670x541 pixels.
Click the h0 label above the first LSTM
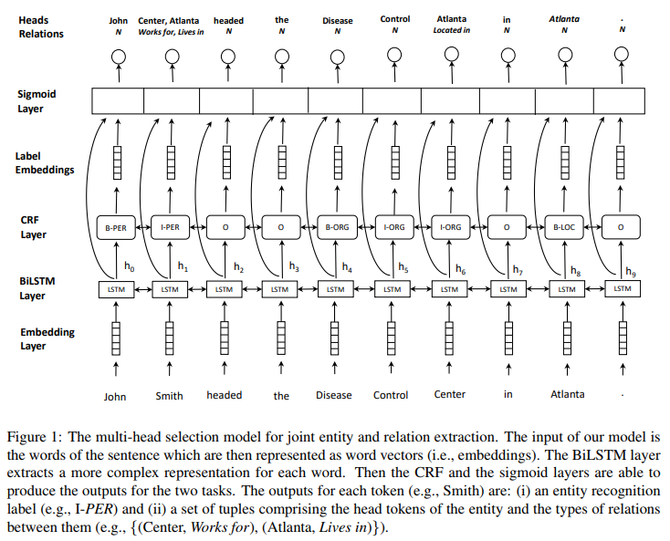[129, 266]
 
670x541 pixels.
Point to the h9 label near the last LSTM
[631, 271]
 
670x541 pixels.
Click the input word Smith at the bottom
[169, 395]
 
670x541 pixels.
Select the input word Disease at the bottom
[334, 395]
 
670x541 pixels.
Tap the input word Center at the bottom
[449, 394]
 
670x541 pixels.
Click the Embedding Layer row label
[47, 338]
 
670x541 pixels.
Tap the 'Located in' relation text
[451, 31]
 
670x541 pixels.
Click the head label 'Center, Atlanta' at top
[171, 19]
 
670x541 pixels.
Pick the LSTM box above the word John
[114, 289]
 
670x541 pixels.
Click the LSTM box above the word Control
[392, 289]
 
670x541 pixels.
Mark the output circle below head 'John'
[116, 57]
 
